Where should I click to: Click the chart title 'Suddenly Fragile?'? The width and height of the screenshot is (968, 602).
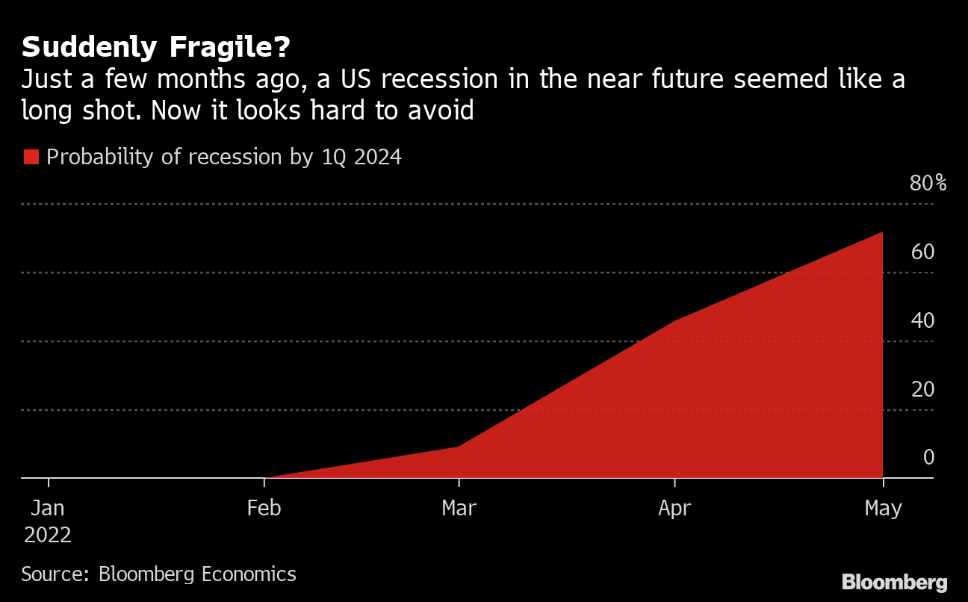(x=155, y=47)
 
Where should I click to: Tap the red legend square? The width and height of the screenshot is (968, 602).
(x=31, y=157)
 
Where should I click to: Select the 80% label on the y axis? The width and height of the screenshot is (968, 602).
(x=928, y=183)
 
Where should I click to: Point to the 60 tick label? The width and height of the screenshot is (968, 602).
(x=922, y=252)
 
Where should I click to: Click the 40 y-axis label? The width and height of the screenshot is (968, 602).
(x=922, y=320)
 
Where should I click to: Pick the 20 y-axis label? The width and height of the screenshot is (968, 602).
(x=922, y=389)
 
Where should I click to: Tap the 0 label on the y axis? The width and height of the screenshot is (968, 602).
(x=928, y=457)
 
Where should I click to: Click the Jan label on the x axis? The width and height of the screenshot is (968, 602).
(x=48, y=509)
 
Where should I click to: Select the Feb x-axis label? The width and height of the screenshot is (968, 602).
(x=264, y=509)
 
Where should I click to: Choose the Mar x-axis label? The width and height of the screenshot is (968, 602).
(x=459, y=509)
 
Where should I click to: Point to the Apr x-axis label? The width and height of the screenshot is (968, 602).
(x=674, y=509)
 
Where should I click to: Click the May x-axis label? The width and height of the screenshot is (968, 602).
(x=883, y=509)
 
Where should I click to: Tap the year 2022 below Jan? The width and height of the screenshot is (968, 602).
(x=48, y=535)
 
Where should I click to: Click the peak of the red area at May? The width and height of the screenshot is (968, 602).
(x=882, y=232)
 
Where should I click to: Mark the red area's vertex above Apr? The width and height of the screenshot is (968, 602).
(x=674, y=321)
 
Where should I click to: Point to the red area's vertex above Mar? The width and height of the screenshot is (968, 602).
(x=459, y=447)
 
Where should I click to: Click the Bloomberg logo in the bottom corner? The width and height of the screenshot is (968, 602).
(x=894, y=583)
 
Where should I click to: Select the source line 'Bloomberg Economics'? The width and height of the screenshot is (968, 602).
(x=197, y=574)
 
